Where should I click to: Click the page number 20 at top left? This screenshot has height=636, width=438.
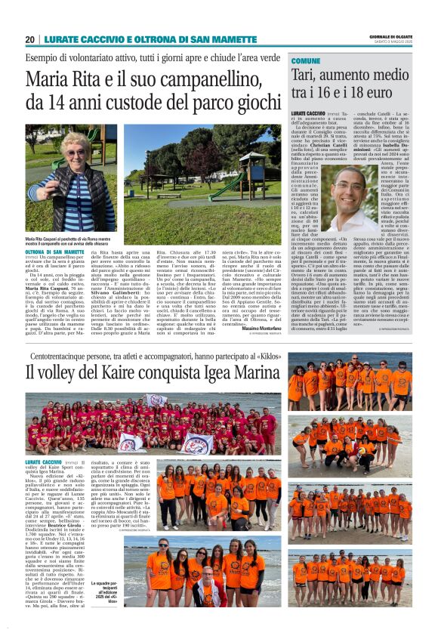pos(30,39)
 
